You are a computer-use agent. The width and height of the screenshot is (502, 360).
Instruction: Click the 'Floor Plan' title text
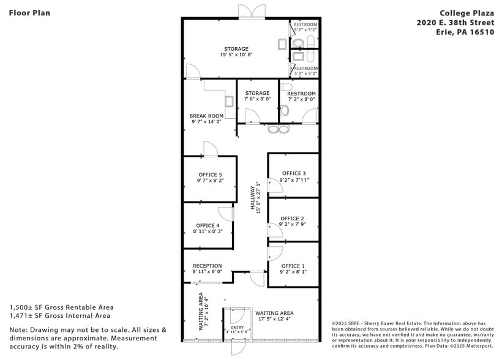click(x=29, y=12)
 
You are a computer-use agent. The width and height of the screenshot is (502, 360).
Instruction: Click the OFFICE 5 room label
click(x=210, y=174)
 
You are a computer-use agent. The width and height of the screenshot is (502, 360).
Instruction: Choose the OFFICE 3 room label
click(x=293, y=173)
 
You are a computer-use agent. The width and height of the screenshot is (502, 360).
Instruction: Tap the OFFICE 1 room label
click(x=292, y=266)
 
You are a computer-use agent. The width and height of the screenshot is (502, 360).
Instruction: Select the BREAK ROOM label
click(x=206, y=116)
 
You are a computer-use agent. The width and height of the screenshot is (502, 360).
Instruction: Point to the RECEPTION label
click(x=207, y=266)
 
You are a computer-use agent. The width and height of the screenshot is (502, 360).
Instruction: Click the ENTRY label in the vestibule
click(x=237, y=328)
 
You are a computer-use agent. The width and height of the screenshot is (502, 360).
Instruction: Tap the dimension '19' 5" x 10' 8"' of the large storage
click(x=236, y=55)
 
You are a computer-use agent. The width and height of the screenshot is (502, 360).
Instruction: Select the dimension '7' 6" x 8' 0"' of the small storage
click(x=257, y=99)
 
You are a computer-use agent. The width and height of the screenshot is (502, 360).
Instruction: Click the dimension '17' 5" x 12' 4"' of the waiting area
click(x=274, y=319)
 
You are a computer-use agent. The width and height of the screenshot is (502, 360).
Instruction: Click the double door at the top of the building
click(x=252, y=11)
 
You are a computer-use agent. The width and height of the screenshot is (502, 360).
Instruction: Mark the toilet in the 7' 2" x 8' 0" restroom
click(x=285, y=111)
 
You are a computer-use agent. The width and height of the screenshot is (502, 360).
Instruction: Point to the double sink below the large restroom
click(x=278, y=129)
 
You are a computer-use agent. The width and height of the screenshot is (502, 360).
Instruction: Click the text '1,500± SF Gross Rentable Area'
click(x=61, y=307)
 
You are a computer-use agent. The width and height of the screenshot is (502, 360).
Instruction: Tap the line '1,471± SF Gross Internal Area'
click(x=59, y=316)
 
